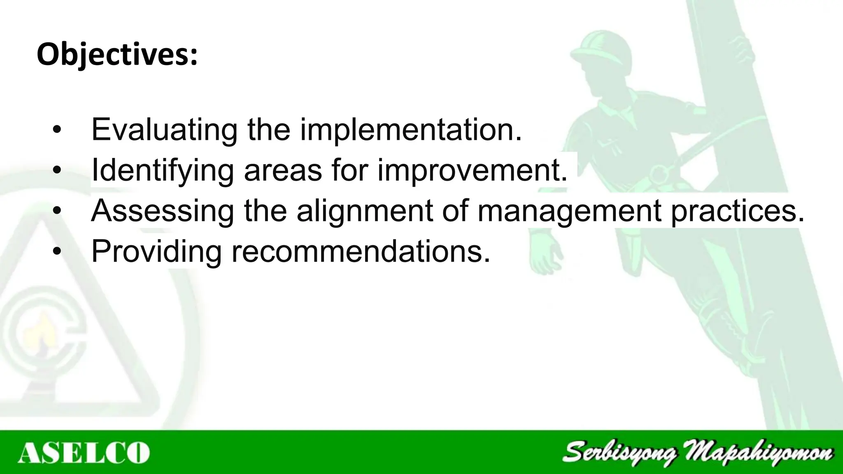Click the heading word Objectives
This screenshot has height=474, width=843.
117,55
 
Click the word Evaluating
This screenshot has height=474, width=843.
164,130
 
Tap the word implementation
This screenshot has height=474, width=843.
410,130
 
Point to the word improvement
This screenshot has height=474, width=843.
472,170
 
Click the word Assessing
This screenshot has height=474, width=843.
162,211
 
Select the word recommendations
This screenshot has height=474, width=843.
361,251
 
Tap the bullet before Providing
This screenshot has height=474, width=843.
57,252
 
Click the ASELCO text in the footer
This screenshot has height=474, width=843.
84,453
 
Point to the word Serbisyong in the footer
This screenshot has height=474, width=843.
619,453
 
